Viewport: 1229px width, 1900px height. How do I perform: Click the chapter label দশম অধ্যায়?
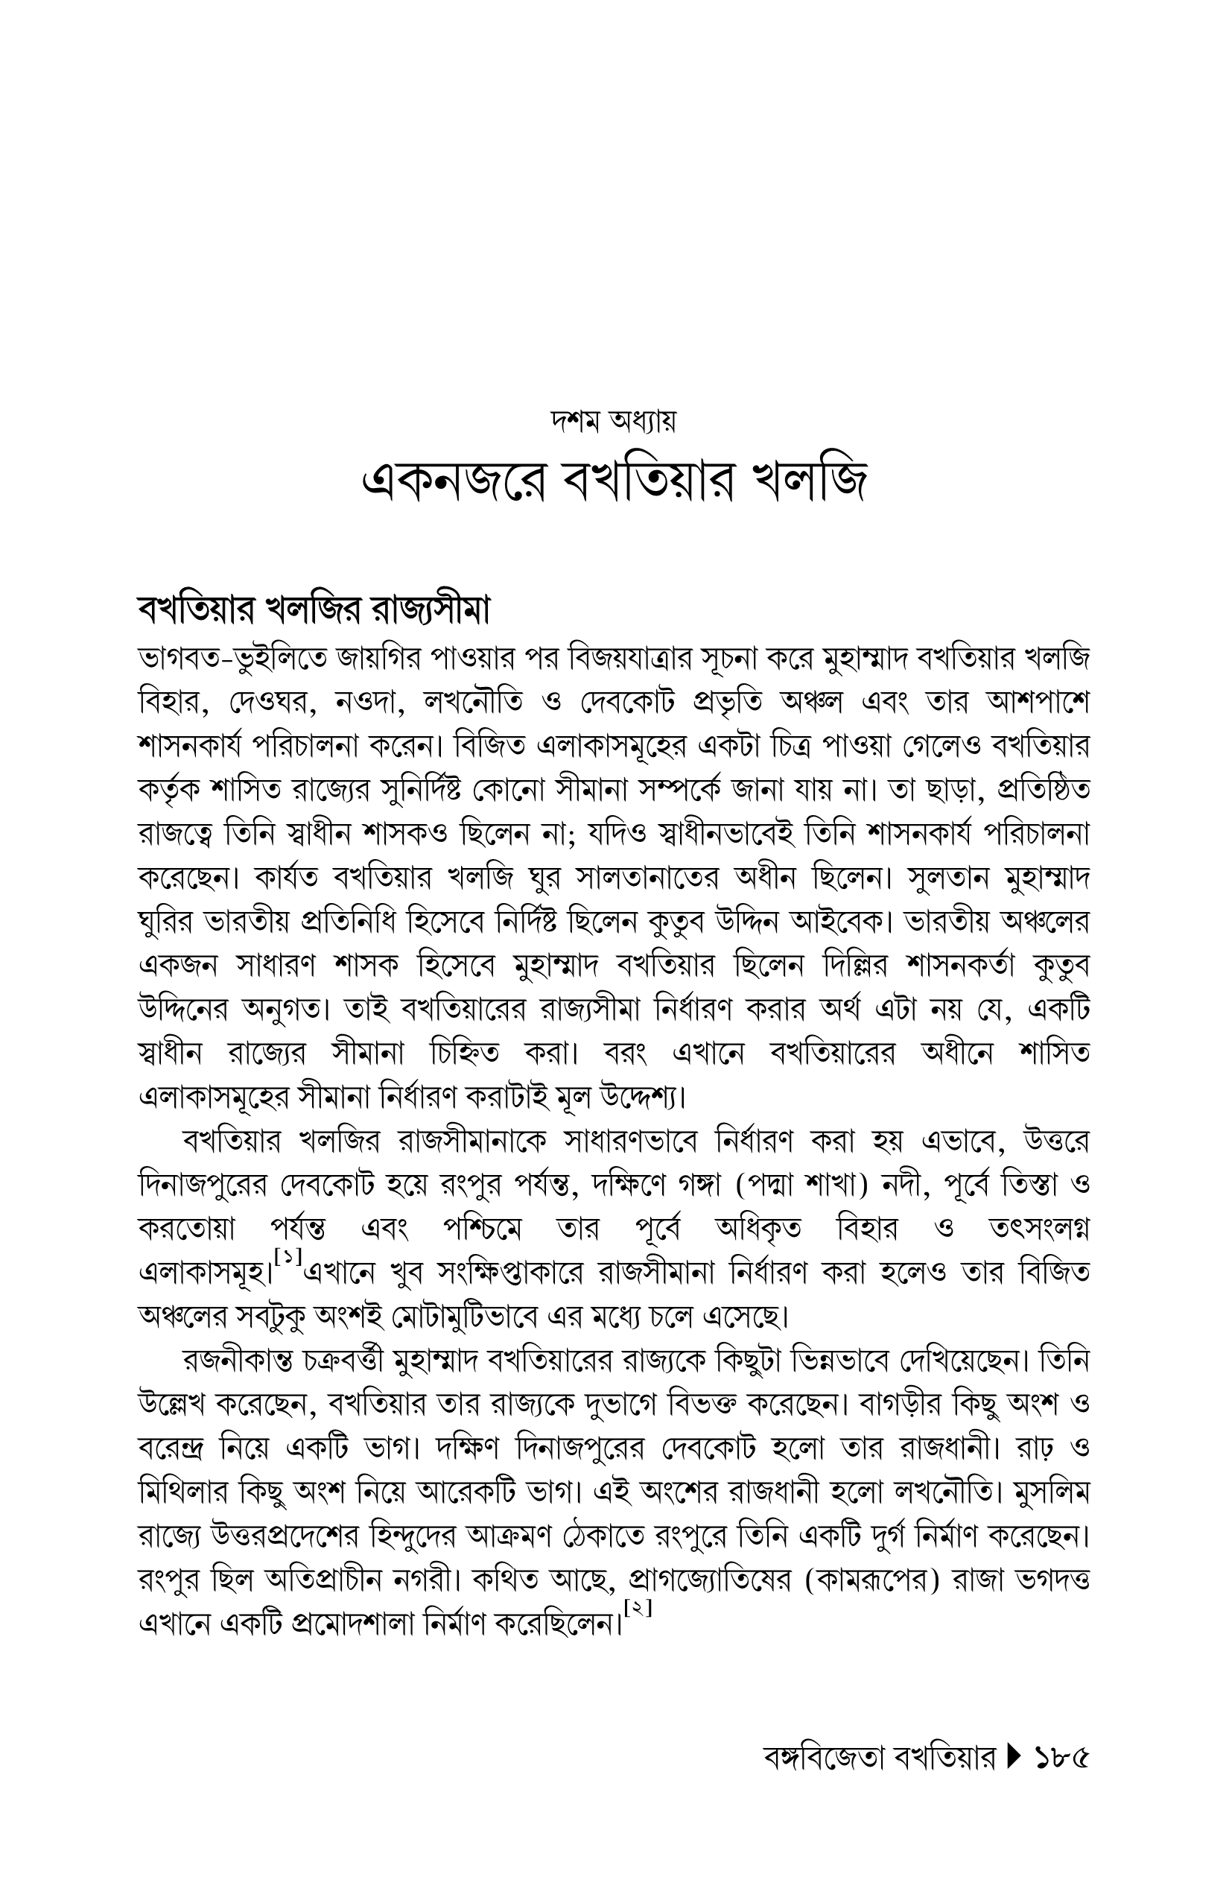point(614,421)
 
